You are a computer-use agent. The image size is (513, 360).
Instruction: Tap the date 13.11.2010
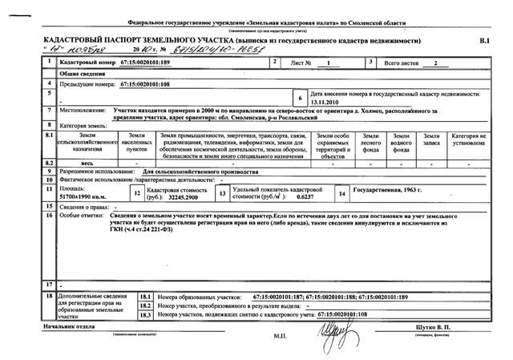(326, 102)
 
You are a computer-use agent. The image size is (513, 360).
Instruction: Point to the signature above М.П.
(334, 328)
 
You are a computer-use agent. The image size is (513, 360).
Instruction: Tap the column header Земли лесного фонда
(371, 143)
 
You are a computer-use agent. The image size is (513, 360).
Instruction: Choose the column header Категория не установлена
(468, 143)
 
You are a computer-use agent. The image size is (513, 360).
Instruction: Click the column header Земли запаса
(432, 143)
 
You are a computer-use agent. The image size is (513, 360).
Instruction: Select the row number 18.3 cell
(146, 314)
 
